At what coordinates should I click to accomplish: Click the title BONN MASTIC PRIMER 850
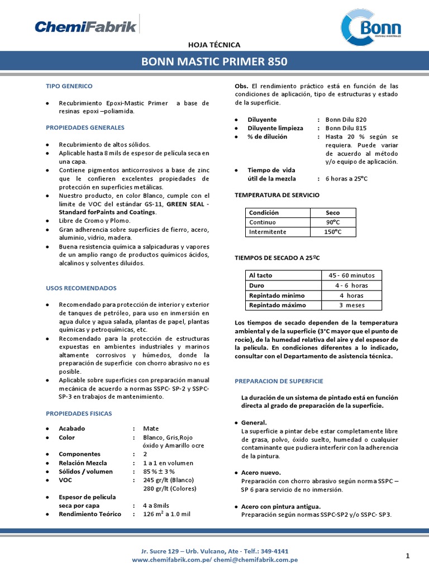coord(214,61)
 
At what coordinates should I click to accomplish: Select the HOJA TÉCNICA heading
coord(214,45)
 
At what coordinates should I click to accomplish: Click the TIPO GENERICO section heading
coord(69,86)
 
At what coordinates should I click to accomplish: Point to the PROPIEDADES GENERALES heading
coord(81,127)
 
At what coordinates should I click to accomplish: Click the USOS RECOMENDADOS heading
coord(81,288)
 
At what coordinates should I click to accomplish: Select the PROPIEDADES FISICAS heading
coord(79,413)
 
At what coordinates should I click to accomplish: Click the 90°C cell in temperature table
coord(333,222)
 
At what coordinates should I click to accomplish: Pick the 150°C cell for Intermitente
coord(333,232)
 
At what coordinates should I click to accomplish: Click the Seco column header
coord(333,213)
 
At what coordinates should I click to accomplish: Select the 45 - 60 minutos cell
coord(352,275)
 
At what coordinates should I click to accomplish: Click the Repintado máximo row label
coord(277,305)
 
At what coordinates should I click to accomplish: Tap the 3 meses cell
coord(352,305)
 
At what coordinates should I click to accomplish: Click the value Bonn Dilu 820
coord(346,120)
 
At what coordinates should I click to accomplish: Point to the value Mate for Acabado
coord(151,428)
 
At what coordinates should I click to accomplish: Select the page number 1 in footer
coord(408,555)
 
